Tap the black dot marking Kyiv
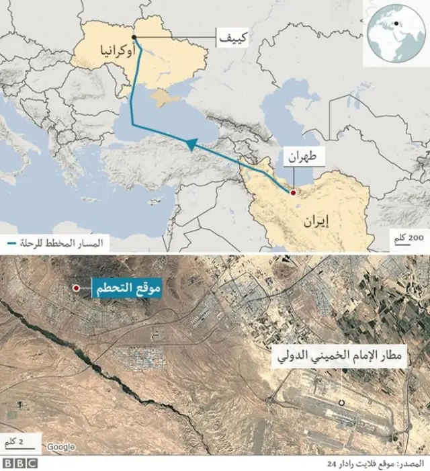[134, 37]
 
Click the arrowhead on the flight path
[190, 144]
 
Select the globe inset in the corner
[394, 34]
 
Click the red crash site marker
[76, 288]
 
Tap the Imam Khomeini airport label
[343, 357]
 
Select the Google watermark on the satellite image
[61, 447]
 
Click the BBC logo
[20, 463]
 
